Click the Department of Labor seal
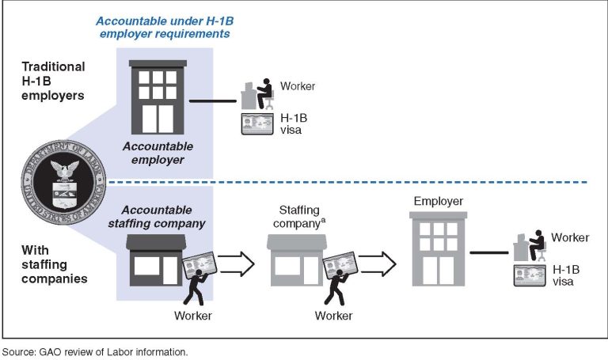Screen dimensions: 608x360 click(63, 182)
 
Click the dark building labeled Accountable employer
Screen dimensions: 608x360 click(158, 97)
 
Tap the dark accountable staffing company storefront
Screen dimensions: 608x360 click(156, 260)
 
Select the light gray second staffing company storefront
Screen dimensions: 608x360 click(297, 260)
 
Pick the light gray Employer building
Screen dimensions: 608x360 click(438, 248)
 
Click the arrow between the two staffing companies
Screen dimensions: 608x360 click(236, 264)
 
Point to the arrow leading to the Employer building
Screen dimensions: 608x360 click(377, 264)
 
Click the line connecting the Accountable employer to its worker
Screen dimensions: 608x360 click(212, 101)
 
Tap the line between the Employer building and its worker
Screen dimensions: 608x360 click(489, 252)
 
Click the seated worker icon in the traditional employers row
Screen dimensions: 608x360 click(257, 94)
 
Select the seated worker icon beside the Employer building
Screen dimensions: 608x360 click(530, 245)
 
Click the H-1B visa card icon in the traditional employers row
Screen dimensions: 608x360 click(257, 123)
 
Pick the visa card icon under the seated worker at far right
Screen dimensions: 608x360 click(530, 275)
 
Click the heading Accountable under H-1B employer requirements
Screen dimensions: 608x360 click(165, 27)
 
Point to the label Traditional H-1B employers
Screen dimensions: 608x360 click(53, 81)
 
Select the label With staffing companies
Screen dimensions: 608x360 click(55, 264)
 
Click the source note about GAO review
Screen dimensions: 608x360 click(95, 352)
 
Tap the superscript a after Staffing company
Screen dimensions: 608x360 click(323, 221)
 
